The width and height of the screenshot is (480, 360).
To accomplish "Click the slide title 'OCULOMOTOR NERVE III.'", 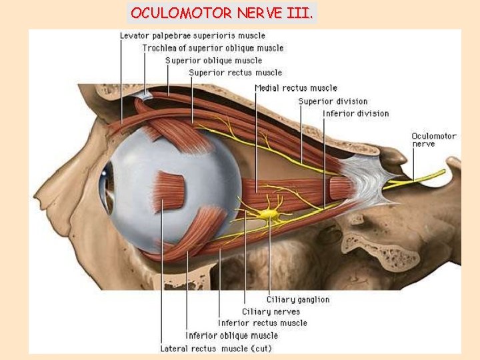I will point(223,13).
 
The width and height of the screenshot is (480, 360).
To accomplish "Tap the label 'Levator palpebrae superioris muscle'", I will point(192,35).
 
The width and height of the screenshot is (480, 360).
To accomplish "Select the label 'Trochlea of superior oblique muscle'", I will point(213,48).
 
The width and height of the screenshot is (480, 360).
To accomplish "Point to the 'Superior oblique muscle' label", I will point(214,61).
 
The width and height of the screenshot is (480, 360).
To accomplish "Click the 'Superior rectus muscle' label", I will point(235,73).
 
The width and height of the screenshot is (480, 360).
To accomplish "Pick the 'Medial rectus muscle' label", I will point(296,88).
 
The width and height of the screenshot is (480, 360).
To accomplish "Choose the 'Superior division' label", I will point(333,101).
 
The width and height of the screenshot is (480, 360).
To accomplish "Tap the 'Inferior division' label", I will point(356,113).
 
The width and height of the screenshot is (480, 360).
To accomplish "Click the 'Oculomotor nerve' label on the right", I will point(433,139).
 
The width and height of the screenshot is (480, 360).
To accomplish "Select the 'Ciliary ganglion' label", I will point(298,299).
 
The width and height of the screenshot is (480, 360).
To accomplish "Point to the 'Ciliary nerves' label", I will point(271,311).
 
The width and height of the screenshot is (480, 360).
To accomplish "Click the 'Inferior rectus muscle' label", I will point(263,323).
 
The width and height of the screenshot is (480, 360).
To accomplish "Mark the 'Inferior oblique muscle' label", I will point(231,335).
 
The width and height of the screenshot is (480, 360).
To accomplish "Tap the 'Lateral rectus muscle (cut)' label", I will point(216,348).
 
